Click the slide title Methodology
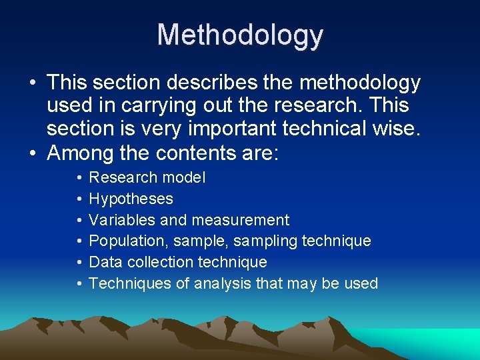(x=240, y=35)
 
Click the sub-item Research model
(x=147, y=177)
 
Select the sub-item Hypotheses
(x=131, y=199)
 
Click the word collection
(x=155, y=262)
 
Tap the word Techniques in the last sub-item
(x=130, y=283)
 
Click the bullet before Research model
(x=79, y=178)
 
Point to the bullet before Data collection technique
(x=79, y=263)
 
